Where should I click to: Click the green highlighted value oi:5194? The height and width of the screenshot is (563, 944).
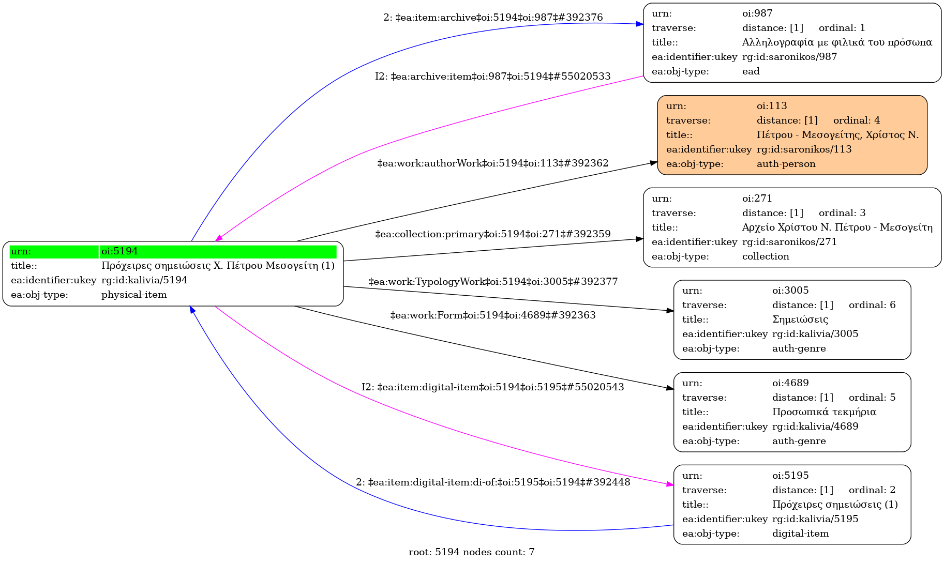pyautogui.click(x=119, y=251)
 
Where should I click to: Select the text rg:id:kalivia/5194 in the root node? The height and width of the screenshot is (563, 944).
pyautogui.click(x=144, y=280)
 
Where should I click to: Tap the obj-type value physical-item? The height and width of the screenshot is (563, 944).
pyautogui.click(x=134, y=295)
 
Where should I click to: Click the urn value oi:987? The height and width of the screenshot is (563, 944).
pyautogui.click(x=757, y=13)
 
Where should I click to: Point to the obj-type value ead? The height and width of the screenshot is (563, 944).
pyautogui.click(x=751, y=71)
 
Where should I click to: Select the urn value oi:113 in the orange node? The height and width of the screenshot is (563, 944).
pyautogui.click(x=772, y=106)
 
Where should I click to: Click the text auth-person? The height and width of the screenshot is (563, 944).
pyautogui.click(x=786, y=164)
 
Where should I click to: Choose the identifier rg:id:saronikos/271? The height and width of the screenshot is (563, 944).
pyautogui.click(x=789, y=242)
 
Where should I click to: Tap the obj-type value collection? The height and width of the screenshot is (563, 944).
pyautogui.click(x=766, y=256)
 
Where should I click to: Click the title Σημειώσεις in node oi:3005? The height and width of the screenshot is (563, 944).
pyautogui.click(x=800, y=319)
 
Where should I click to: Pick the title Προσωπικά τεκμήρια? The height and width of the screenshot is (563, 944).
pyautogui.click(x=824, y=412)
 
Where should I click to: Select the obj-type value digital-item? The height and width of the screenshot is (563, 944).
pyautogui.click(x=800, y=534)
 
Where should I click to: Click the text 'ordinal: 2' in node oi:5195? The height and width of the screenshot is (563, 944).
pyautogui.click(x=872, y=490)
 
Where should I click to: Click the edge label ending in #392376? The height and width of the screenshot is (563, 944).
pyautogui.click(x=493, y=18)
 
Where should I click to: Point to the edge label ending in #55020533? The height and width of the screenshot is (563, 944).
pyautogui.click(x=493, y=77)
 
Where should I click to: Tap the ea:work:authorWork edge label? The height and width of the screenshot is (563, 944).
pyautogui.click(x=493, y=163)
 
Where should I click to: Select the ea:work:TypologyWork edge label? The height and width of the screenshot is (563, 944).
pyautogui.click(x=493, y=282)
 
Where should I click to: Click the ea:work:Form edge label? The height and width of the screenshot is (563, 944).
pyautogui.click(x=493, y=315)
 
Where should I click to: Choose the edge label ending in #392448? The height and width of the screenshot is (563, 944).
pyautogui.click(x=493, y=482)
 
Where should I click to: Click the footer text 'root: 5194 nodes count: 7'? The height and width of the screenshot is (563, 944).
pyautogui.click(x=471, y=552)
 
